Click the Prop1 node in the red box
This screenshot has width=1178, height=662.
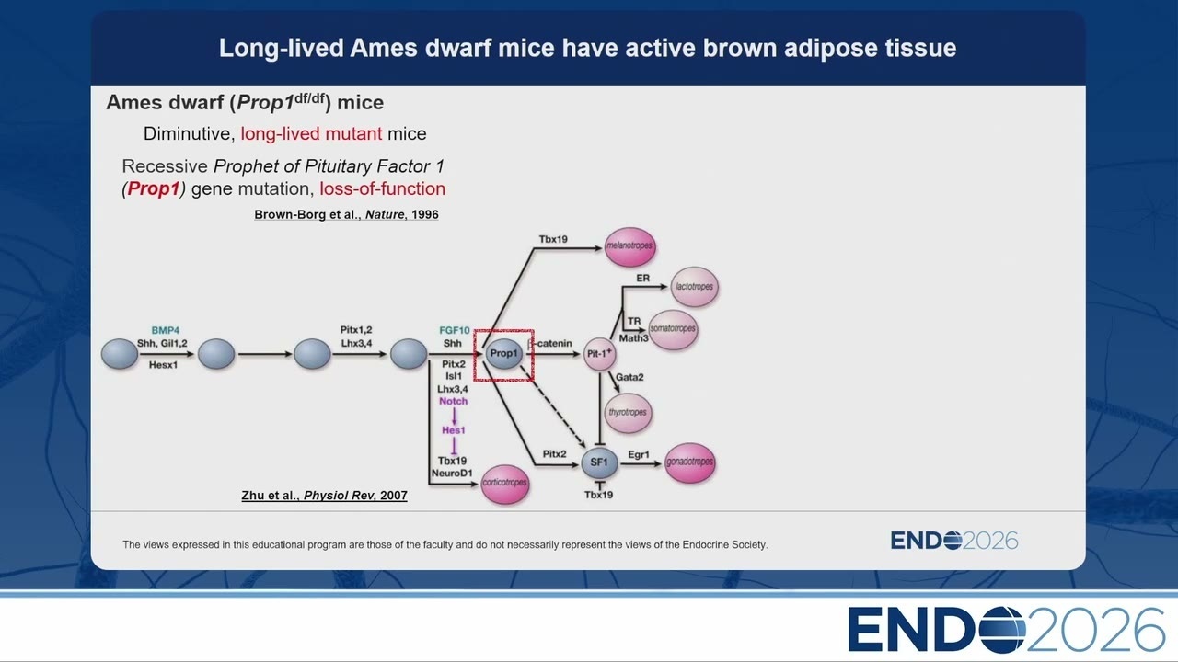pyautogui.click(x=503, y=354)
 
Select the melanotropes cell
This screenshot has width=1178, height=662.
pyautogui.click(x=629, y=246)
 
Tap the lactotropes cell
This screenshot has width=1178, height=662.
pyautogui.click(x=695, y=287)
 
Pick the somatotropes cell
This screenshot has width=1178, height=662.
pyautogui.click(x=673, y=329)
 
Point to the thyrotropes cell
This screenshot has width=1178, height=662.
pyautogui.click(x=628, y=413)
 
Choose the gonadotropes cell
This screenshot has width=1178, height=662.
pyautogui.click(x=690, y=462)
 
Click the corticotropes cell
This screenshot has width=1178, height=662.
pyautogui.click(x=505, y=484)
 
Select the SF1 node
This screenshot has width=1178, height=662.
pyautogui.click(x=599, y=462)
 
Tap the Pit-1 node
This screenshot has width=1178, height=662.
pyautogui.click(x=599, y=354)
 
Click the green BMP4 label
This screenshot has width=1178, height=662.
pyautogui.click(x=165, y=330)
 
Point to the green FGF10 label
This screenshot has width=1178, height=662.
pyautogui.click(x=455, y=330)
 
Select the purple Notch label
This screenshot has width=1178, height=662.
pyautogui.click(x=454, y=402)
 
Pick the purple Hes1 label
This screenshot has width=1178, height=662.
pyautogui.click(x=454, y=430)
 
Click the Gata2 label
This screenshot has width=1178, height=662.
pyautogui.click(x=629, y=377)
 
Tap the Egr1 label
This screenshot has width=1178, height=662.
pyautogui.click(x=639, y=454)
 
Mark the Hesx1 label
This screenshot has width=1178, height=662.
pyautogui.click(x=163, y=365)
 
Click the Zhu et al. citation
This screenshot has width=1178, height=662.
pyautogui.click(x=325, y=496)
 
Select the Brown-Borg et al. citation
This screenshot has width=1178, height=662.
pyautogui.click(x=346, y=214)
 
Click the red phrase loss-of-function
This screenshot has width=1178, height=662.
pyautogui.click(x=382, y=188)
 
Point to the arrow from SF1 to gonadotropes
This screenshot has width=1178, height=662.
pyautogui.click(x=641, y=464)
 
